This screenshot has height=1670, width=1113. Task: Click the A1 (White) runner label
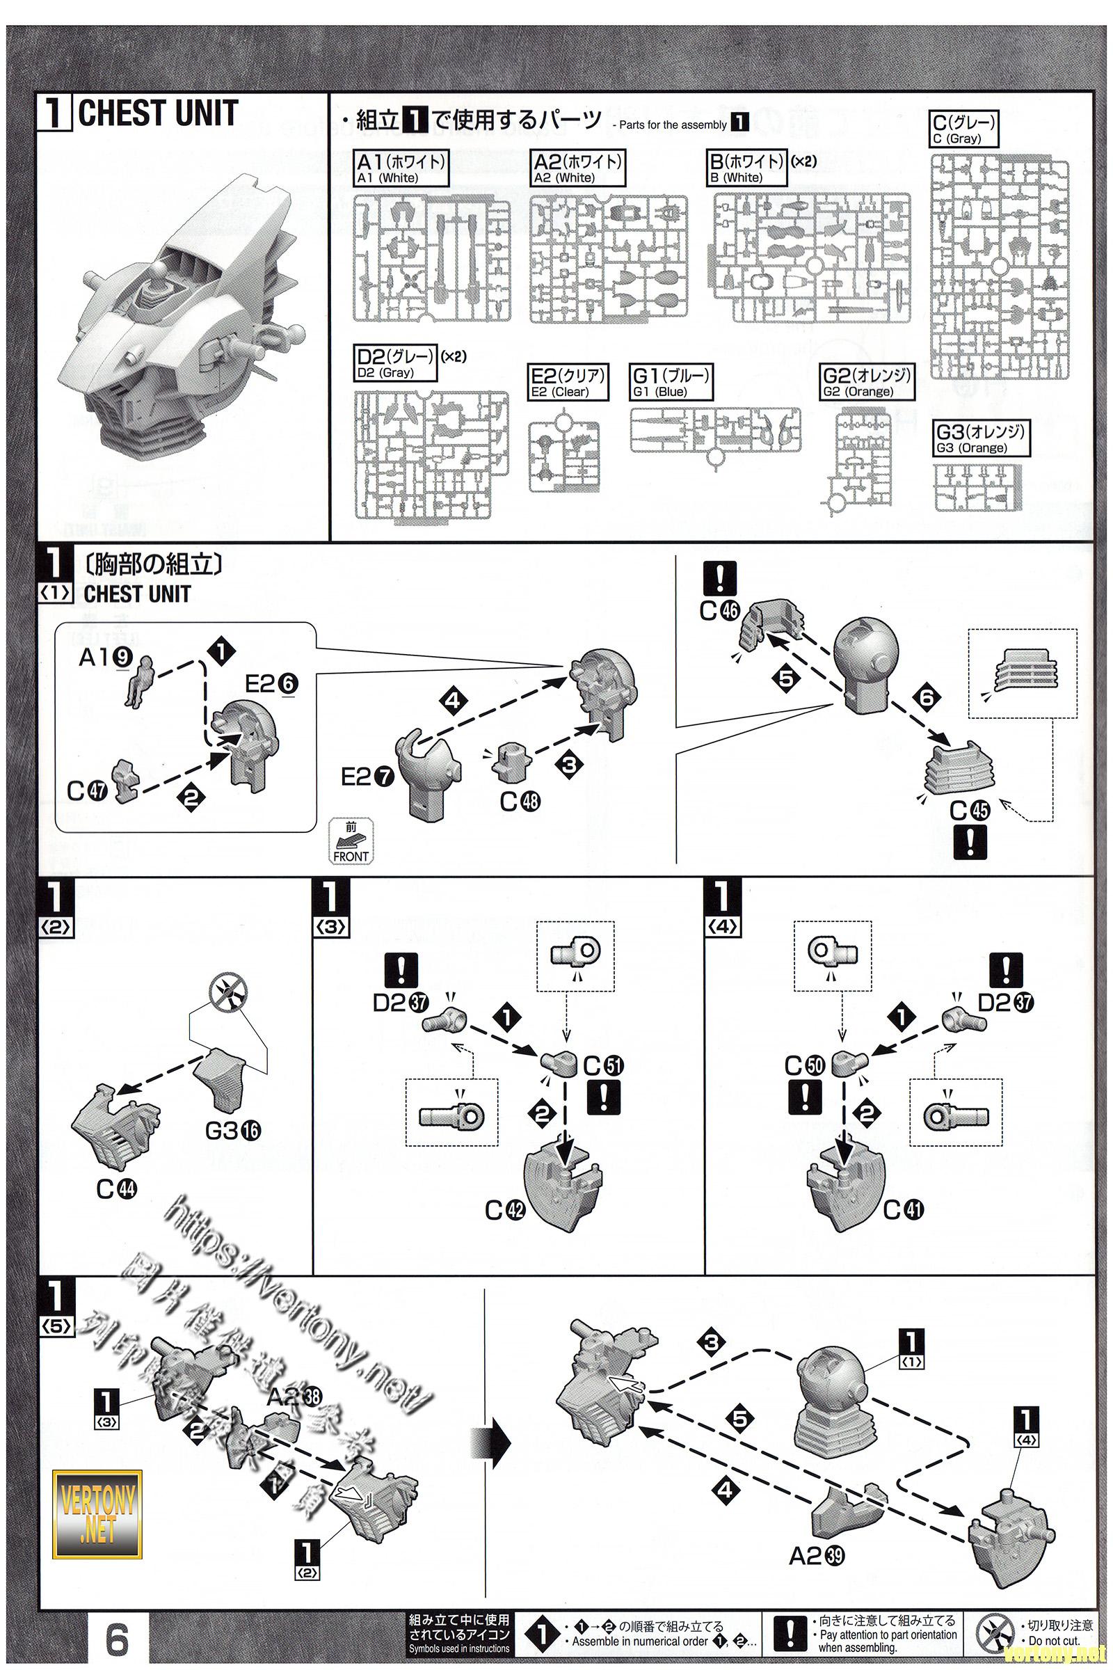[401, 168]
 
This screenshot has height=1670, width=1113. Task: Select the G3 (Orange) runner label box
[981, 438]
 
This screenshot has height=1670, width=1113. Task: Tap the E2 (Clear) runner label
[568, 382]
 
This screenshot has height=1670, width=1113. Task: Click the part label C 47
[86, 790]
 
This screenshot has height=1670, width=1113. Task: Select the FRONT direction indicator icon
[351, 841]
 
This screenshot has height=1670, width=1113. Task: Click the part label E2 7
[367, 777]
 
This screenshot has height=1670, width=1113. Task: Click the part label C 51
[603, 1066]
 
